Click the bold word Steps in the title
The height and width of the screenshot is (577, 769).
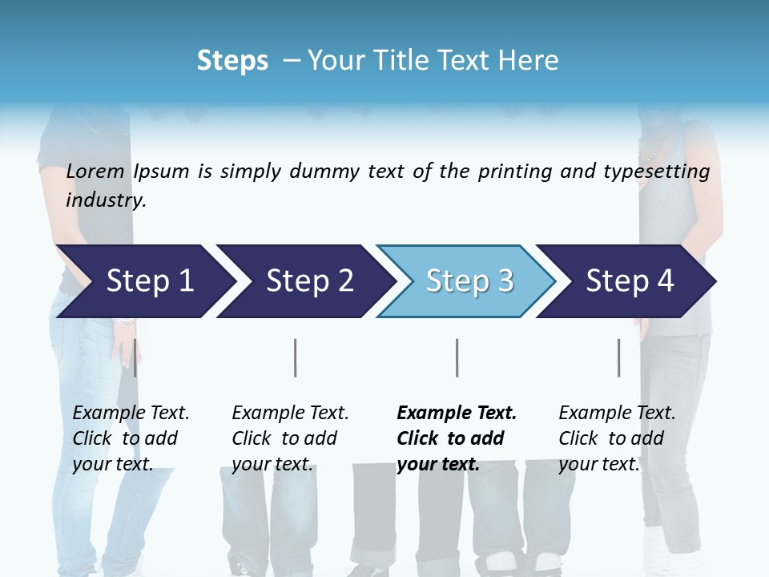pos(232,61)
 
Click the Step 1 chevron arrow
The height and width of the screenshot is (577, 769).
pos(144,281)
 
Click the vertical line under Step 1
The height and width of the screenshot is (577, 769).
pos(135,357)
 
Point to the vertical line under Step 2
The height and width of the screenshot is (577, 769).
pos(296,357)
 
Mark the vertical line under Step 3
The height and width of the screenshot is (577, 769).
pos(457,357)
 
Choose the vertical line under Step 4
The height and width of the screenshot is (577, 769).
pos(618,357)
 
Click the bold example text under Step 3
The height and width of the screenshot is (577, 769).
pos(457,438)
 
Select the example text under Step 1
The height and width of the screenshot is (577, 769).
pos(131,438)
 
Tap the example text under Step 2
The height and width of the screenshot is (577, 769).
pos(290,438)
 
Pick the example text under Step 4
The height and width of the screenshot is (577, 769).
pos(617,438)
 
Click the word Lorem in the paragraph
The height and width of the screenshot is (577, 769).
pos(95,171)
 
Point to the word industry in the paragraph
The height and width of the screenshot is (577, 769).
pos(106,200)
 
